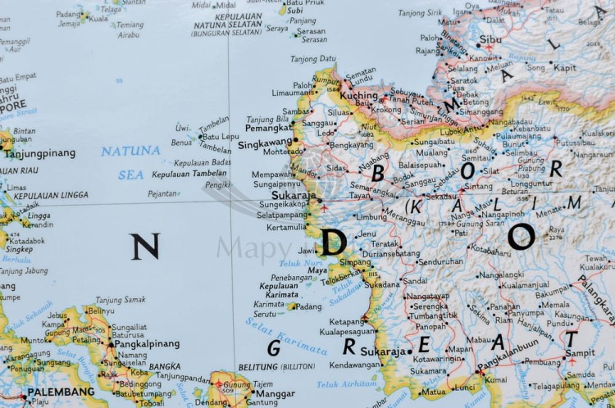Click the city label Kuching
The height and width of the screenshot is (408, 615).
click(x=359, y=96)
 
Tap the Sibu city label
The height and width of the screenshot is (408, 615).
click(x=490, y=39)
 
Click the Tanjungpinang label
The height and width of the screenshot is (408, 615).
click(x=41, y=153)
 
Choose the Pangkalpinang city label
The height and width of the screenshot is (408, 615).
click(x=147, y=346)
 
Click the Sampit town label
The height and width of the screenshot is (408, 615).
click(x=581, y=353)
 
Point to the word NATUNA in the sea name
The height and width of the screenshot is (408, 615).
click(x=130, y=151)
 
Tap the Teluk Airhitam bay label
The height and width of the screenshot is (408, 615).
click(x=347, y=383)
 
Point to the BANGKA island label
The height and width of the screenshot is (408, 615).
click(x=165, y=366)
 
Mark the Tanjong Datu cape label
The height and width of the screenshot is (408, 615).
click(x=314, y=59)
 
